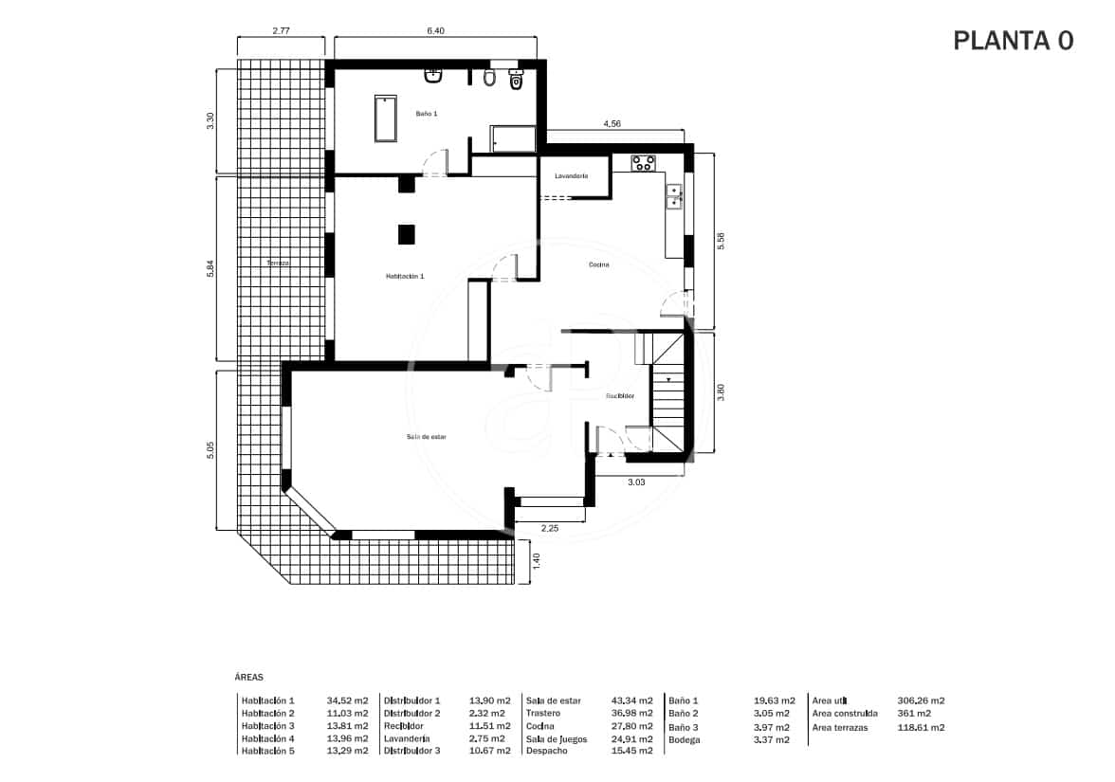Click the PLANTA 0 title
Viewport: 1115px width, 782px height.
[x=1013, y=41]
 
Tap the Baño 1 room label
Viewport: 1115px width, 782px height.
[x=427, y=113]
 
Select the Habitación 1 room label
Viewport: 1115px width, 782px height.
[x=405, y=277]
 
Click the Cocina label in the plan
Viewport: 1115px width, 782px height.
[x=597, y=265]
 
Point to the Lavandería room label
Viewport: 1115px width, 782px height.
[x=572, y=176]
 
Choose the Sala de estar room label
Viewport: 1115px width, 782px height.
[x=427, y=437]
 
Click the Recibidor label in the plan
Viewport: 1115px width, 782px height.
[x=619, y=396]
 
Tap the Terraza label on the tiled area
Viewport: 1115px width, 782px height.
[x=278, y=263]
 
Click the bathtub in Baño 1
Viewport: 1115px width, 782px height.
[x=385, y=118]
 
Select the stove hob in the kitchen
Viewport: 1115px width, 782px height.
[x=644, y=163]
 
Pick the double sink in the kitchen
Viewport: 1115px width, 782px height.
[x=675, y=196]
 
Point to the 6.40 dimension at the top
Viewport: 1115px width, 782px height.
[x=435, y=31]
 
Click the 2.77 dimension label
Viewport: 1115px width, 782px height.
[x=281, y=31]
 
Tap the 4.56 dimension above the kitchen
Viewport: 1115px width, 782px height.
[x=613, y=124]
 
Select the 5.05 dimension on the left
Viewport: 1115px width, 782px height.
[x=210, y=450]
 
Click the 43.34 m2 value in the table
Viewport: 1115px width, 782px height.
[x=632, y=700]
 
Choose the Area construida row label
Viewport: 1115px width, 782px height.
[x=845, y=714]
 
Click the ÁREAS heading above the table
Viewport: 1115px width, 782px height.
[x=248, y=678]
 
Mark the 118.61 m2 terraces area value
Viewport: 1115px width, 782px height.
[x=921, y=728]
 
